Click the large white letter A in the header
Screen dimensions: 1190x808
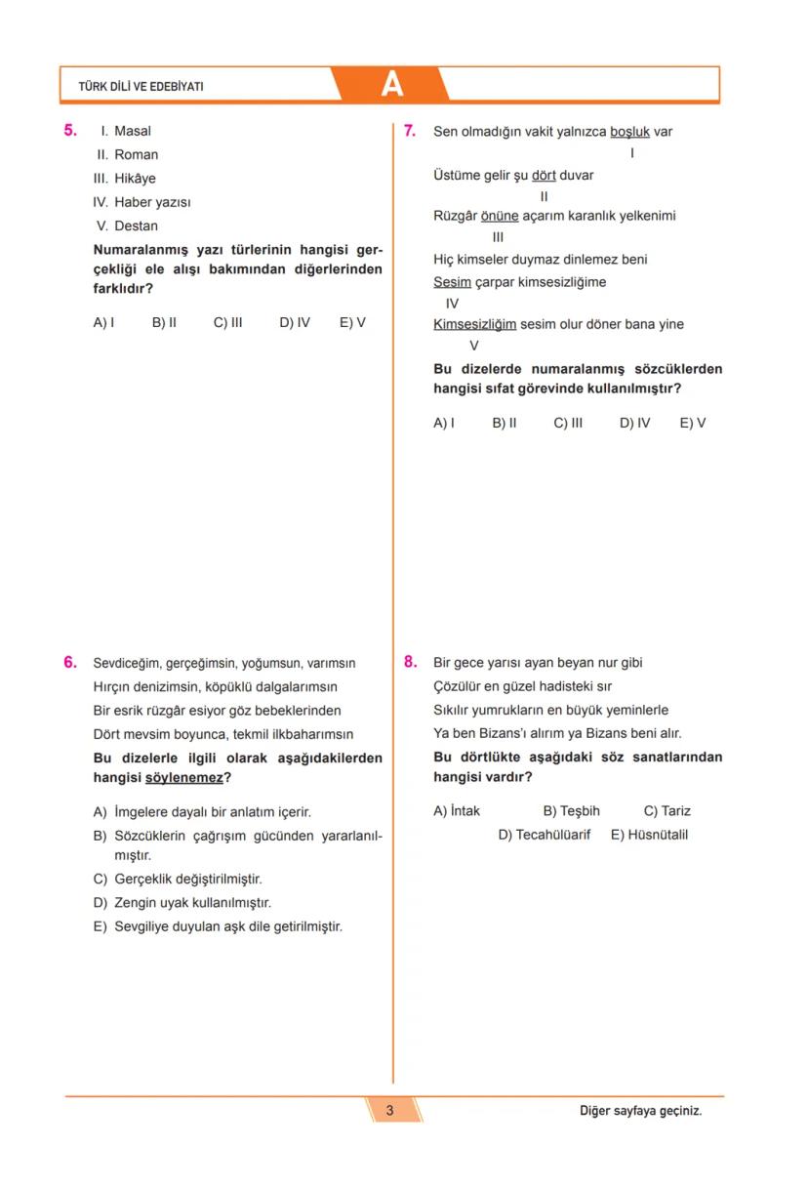click(391, 85)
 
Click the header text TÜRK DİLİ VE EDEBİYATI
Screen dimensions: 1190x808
click(141, 87)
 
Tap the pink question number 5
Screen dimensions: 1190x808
click(70, 130)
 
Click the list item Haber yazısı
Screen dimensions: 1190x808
click(151, 202)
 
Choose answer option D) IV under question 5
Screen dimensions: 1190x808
click(295, 322)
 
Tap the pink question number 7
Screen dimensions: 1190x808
click(411, 131)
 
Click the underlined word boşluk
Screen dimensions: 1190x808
click(629, 132)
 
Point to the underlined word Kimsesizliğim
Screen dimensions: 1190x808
click(474, 324)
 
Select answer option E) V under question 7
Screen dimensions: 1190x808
click(693, 423)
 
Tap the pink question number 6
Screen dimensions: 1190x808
click(70, 662)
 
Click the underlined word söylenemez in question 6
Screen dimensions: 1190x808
click(183, 778)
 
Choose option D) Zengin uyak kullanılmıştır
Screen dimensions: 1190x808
click(182, 903)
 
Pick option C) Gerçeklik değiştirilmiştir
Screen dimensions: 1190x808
click(178, 879)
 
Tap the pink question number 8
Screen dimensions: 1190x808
click(411, 662)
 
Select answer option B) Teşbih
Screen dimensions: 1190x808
click(571, 810)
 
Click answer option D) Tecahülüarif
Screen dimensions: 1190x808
click(544, 835)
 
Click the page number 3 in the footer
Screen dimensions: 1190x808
click(389, 1110)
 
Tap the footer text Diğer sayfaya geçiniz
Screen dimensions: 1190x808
click(640, 1111)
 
